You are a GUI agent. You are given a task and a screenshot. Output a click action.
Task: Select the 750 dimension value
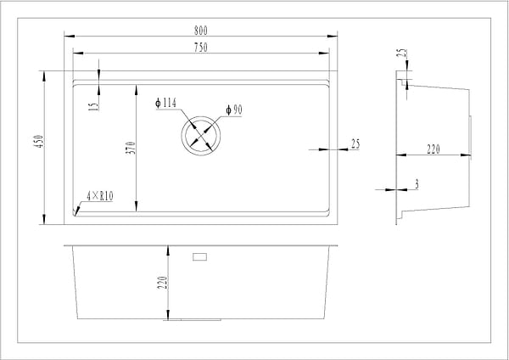click(200, 48)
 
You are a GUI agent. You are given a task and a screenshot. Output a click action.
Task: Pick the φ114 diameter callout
click(165, 104)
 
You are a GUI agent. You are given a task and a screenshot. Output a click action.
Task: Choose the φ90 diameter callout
click(235, 110)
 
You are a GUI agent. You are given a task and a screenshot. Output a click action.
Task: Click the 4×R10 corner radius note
click(101, 197)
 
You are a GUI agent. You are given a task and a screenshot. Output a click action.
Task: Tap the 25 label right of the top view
click(355, 144)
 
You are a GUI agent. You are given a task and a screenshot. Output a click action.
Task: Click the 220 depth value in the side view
click(433, 149)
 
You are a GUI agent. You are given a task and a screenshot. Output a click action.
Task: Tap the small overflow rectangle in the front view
click(201, 256)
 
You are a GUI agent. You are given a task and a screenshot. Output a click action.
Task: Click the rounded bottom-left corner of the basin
click(76, 213)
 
